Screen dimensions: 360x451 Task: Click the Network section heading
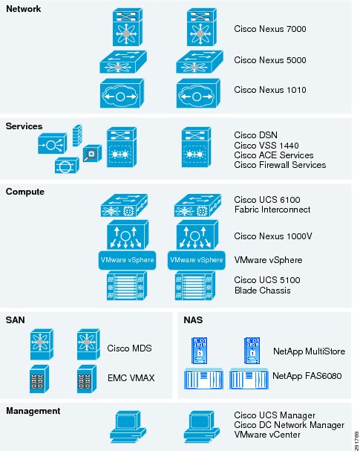pos(24,9)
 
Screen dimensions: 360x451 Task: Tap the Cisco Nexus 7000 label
pos(269,29)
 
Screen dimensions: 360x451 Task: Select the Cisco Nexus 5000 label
pos(269,60)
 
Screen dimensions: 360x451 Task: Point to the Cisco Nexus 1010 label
pos(269,90)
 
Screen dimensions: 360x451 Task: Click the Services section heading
pos(24,126)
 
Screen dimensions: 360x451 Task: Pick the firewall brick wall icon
pos(77,135)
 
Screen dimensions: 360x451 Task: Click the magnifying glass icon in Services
pos(92,153)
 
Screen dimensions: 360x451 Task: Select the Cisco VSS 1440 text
pos(266,145)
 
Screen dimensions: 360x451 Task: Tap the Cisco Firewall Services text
pos(280,165)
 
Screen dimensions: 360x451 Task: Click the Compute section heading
pos(25,192)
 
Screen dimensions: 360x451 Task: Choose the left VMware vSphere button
pos(127,260)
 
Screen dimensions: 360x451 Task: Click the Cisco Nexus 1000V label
pos(273,236)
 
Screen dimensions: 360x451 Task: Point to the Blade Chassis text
pos(262,291)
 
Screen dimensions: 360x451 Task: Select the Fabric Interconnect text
pos(272,210)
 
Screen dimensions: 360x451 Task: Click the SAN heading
pos(16,319)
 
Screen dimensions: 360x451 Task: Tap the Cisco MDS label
pos(129,348)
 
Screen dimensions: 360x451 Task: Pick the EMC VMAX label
pos(131,377)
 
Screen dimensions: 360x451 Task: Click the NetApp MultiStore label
pos(309,351)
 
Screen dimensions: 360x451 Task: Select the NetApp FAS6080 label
pos(307,376)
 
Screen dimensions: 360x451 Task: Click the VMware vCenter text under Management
pos(267,435)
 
